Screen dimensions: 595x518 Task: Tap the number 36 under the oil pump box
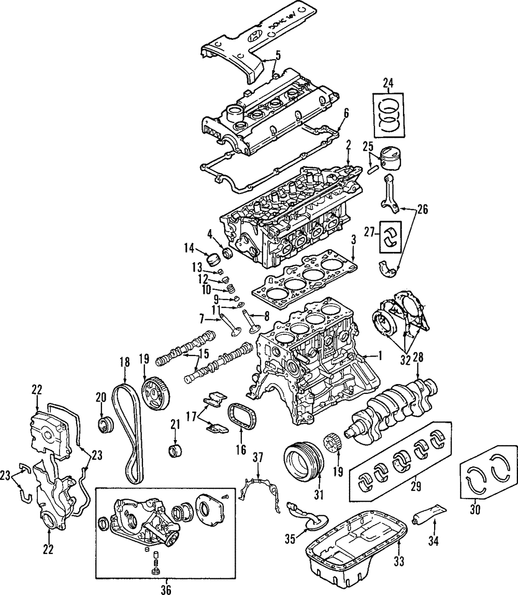click(165, 588)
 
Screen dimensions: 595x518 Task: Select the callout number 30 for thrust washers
click(475, 509)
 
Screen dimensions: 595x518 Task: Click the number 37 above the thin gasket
click(258, 457)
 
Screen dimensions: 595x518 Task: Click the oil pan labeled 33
click(357, 539)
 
